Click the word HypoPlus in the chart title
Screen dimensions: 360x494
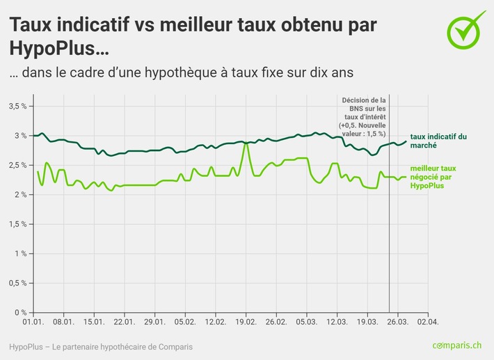click(54, 49)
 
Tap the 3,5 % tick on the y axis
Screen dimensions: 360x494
click(17, 106)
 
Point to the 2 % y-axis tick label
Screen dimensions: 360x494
click(19, 194)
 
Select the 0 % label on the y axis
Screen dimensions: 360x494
click(19, 312)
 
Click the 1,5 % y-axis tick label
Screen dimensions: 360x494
click(17, 224)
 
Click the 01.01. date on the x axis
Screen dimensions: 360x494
click(33, 322)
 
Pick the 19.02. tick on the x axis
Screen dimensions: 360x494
click(246, 322)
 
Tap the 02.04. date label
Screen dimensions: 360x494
click(428, 322)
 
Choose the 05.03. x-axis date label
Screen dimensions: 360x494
click(306, 322)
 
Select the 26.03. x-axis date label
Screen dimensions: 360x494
click(397, 322)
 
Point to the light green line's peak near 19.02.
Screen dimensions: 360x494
click(246, 143)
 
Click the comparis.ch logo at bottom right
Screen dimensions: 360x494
click(456, 346)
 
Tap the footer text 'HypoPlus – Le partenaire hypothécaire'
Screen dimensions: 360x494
click(101, 347)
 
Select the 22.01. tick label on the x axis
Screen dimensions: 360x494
click(125, 322)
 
